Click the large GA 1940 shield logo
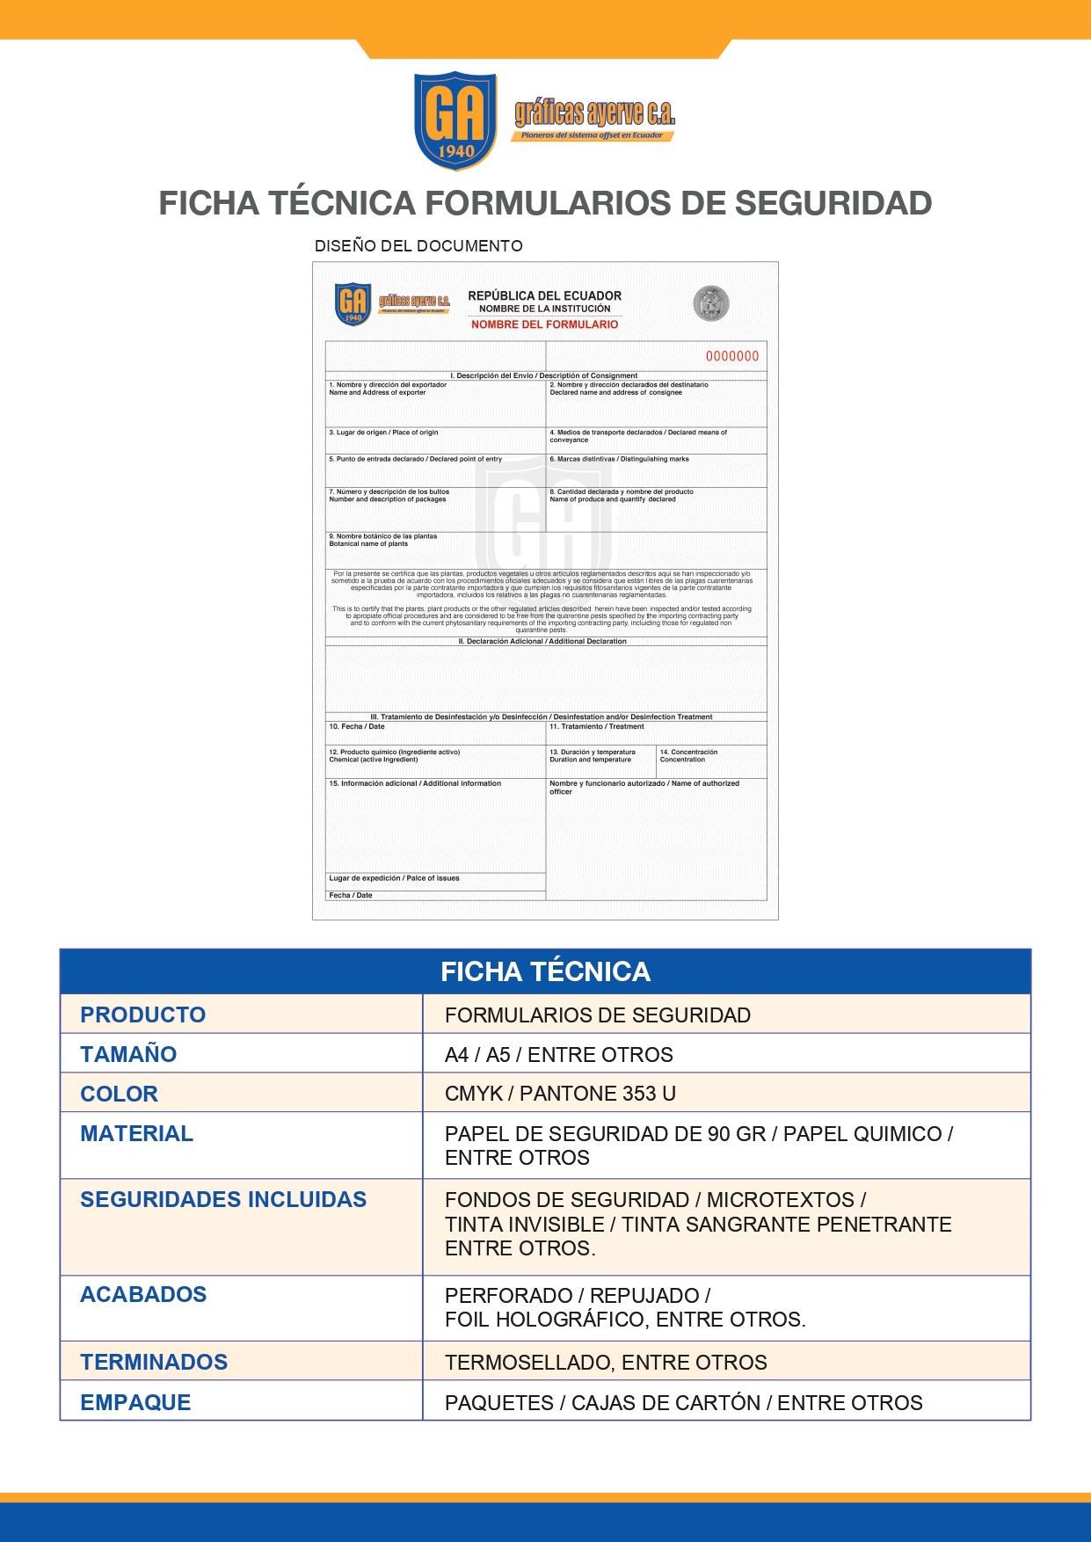455,120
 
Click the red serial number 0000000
731,356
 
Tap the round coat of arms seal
710,303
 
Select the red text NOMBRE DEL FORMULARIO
544,324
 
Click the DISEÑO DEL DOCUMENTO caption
418,246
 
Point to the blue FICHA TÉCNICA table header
545,971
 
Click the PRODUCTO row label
142,1015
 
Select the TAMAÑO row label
128,1054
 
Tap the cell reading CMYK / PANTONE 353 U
560,1094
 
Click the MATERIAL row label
136,1133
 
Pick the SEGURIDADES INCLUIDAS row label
223,1199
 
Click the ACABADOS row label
143,1294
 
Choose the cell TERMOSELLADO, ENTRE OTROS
606,1362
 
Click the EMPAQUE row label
135,1402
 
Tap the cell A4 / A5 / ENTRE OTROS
558,1054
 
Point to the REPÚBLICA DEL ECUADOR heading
544,295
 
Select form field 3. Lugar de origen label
383,433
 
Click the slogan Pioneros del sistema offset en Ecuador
592,135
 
